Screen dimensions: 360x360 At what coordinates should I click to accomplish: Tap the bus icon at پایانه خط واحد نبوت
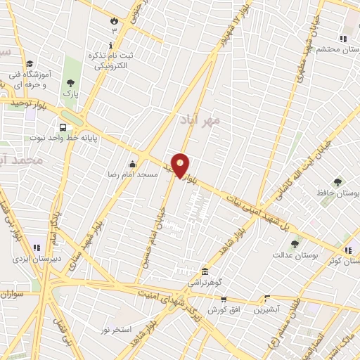(x=64, y=128)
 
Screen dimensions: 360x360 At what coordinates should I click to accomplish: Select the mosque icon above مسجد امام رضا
(x=132, y=164)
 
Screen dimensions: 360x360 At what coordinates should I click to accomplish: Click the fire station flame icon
(x=114, y=20)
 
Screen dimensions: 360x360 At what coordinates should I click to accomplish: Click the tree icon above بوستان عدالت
(x=295, y=244)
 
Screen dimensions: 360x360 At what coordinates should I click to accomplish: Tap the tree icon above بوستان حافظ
(x=338, y=182)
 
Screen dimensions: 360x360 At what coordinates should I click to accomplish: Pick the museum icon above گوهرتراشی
(x=205, y=271)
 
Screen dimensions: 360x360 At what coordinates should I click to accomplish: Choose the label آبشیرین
(x=268, y=309)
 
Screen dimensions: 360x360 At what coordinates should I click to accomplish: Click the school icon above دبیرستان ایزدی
(x=37, y=247)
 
